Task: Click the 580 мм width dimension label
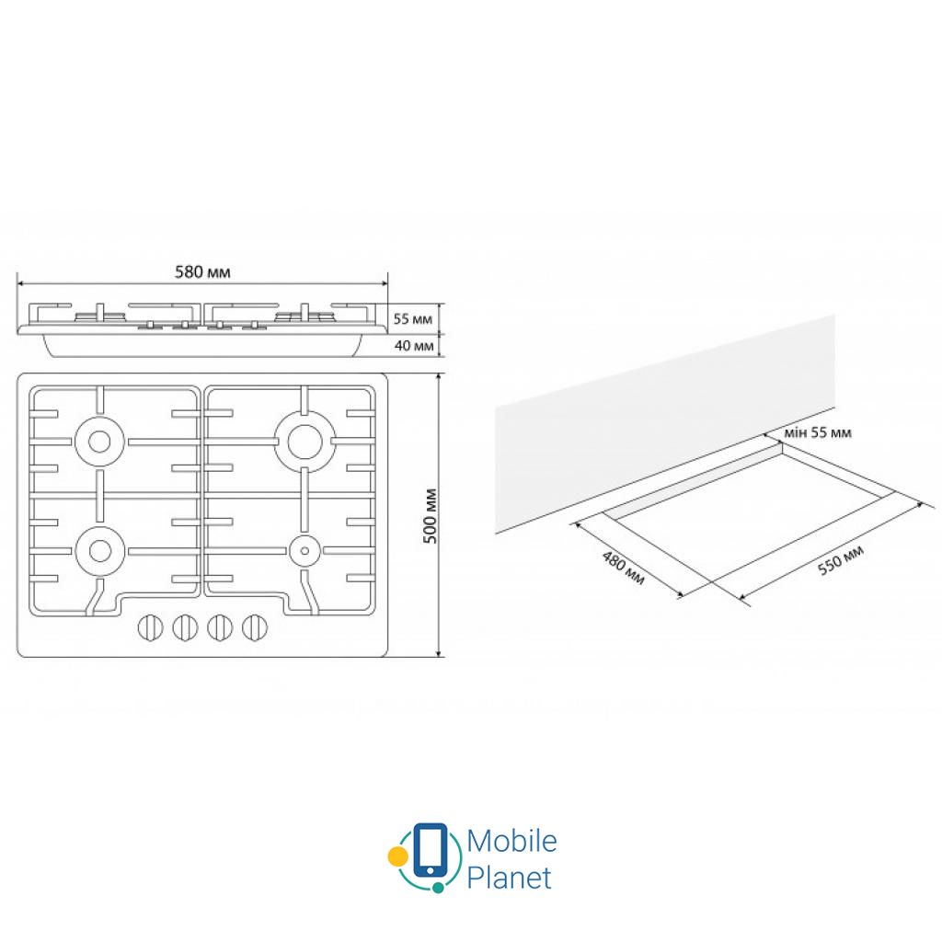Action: pyautogui.click(x=202, y=272)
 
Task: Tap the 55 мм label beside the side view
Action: pyautogui.click(x=413, y=319)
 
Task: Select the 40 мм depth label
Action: pyautogui.click(x=414, y=346)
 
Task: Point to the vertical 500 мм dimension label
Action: pyautogui.click(x=431, y=516)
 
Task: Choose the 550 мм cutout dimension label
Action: pyautogui.click(x=841, y=560)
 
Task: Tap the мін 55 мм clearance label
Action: pyautogui.click(x=818, y=432)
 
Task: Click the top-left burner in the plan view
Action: pyautogui.click(x=99, y=442)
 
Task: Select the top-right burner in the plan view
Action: pyautogui.click(x=304, y=442)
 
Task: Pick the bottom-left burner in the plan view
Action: pyautogui.click(x=99, y=551)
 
